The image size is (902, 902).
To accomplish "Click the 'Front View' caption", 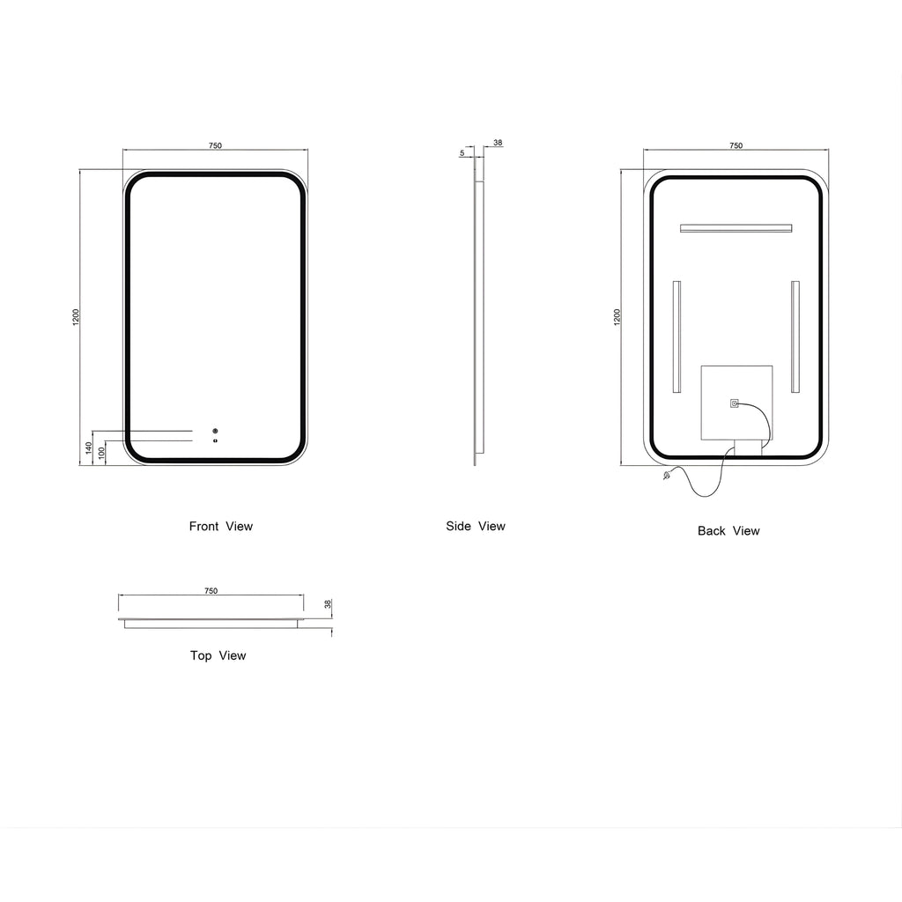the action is (x=221, y=527).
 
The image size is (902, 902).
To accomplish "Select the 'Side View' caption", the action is (x=476, y=527).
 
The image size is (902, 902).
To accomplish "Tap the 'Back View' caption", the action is (x=728, y=531).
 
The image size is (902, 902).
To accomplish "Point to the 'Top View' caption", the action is (x=218, y=655).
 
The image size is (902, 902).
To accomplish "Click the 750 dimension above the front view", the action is (x=215, y=145).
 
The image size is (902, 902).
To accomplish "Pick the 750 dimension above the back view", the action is (x=736, y=145).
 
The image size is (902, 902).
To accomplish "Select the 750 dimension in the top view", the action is (x=211, y=591).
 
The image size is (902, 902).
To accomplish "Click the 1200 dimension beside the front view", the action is (x=76, y=317).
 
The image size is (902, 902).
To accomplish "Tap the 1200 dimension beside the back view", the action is (x=617, y=317).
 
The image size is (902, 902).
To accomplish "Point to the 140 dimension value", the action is (x=89, y=447).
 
